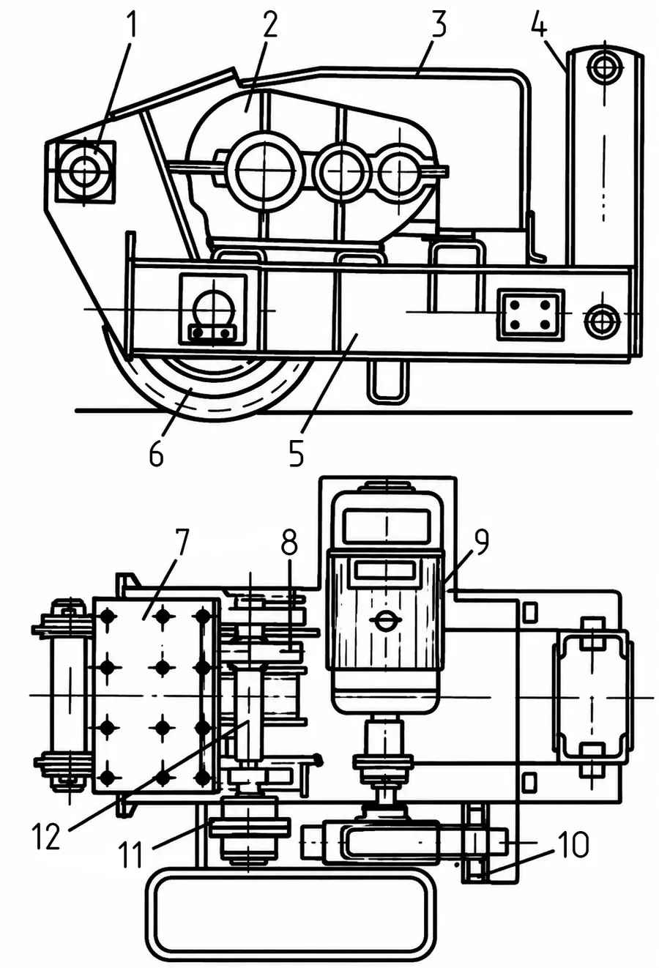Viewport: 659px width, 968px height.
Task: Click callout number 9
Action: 481,542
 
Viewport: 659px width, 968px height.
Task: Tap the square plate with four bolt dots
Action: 530,314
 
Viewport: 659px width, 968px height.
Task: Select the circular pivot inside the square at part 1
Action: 85,172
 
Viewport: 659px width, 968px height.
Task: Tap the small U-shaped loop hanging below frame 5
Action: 387,382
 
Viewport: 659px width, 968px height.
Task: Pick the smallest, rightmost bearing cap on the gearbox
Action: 401,172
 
